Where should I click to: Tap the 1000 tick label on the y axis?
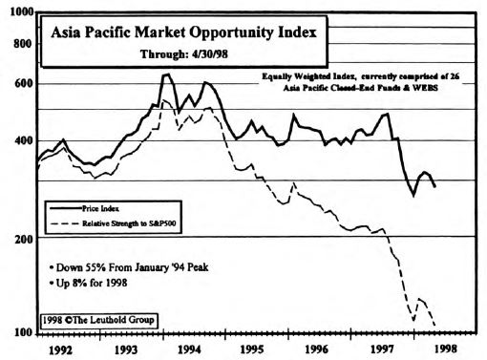[x=18, y=11]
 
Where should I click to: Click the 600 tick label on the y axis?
[x=21, y=82]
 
